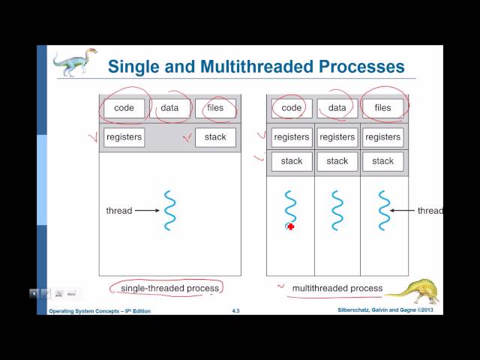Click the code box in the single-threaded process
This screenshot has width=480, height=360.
click(x=124, y=108)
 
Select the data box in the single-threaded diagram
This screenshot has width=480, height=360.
click(x=169, y=108)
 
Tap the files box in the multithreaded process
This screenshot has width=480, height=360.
click(x=382, y=108)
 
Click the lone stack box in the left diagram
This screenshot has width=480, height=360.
click(x=215, y=137)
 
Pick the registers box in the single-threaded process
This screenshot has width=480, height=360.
click(x=124, y=137)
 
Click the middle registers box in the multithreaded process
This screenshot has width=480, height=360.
click(x=337, y=137)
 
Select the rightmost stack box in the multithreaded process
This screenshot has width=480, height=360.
click(x=382, y=160)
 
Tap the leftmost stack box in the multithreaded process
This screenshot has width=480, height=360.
click(x=291, y=160)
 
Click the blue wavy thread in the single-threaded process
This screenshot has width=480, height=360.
click(x=169, y=211)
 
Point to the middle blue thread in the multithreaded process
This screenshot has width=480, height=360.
click(x=337, y=211)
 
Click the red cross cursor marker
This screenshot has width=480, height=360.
click(x=290, y=226)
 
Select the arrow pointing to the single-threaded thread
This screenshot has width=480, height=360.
click(x=147, y=211)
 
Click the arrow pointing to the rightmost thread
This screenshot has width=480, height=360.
click(x=403, y=211)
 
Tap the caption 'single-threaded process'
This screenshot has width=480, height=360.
click(x=170, y=288)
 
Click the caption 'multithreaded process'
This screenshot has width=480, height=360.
click(x=337, y=288)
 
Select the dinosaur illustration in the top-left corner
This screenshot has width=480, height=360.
click(x=75, y=61)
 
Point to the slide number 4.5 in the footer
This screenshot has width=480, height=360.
click(x=235, y=310)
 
